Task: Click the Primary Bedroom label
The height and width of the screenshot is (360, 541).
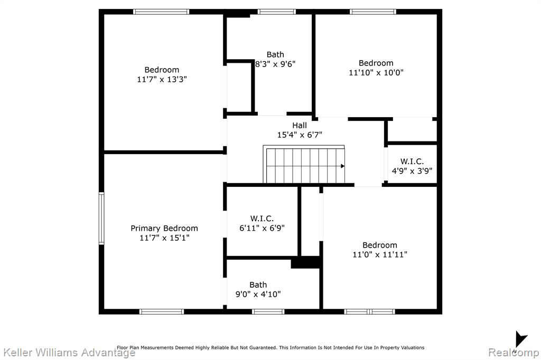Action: [x=164, y=228]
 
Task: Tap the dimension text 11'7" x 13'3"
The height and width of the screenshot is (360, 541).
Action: [x=162, y=79]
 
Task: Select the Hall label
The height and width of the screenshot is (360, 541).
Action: [x=300, y=125]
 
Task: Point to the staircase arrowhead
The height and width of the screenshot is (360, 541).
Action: [x=342, y=166]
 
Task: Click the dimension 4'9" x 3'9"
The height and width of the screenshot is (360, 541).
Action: [x=412, y=170]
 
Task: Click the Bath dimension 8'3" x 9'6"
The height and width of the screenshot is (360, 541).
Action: [x=275, y=64]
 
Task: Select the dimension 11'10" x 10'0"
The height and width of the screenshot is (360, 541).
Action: [x=376, y=73]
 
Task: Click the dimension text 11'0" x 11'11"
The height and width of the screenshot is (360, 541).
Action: [x=380, y=254]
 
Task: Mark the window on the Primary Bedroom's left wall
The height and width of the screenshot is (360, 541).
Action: [x=101, y=219]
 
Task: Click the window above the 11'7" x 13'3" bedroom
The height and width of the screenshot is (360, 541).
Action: [x=161, y=12]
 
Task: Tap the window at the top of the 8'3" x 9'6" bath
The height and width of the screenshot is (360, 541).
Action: [x=276, y=12]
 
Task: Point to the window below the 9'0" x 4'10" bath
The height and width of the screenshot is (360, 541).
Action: [x=268, y=312]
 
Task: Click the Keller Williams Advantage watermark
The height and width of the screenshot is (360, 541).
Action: [x=69, y=353]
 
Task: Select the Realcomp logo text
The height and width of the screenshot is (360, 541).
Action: [x=514, y=353]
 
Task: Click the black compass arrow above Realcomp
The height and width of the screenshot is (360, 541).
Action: [x=520, y=339]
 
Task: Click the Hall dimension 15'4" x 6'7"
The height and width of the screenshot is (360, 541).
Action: [x=300, y=135]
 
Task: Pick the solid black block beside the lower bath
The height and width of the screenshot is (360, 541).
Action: [x=306, y=262]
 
